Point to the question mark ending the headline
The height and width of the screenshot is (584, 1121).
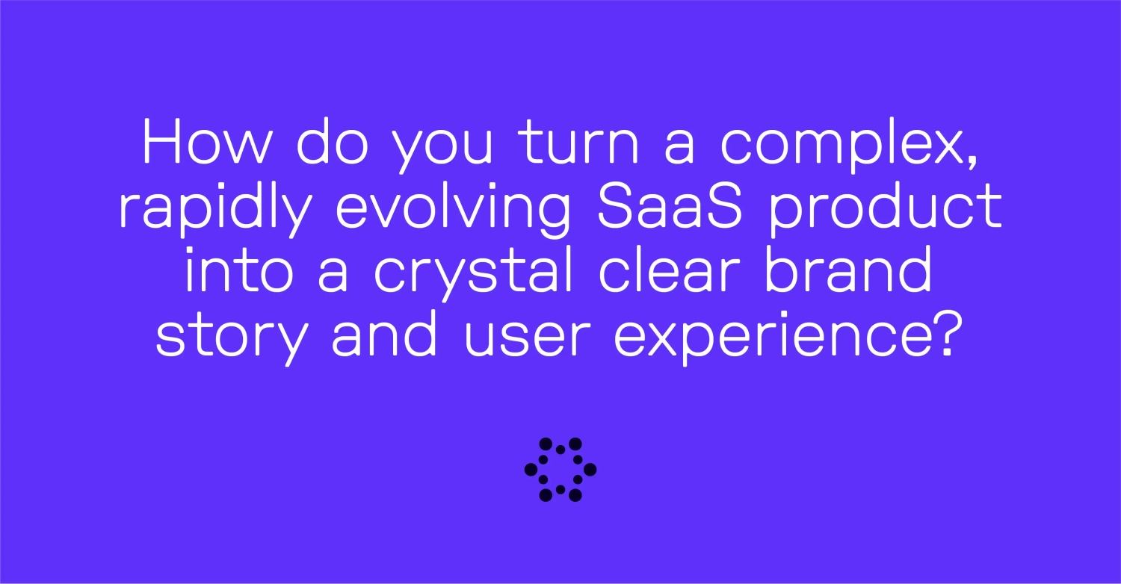click(x=939, y=333)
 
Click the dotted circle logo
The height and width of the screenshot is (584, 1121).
click(x=560, y=469)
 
